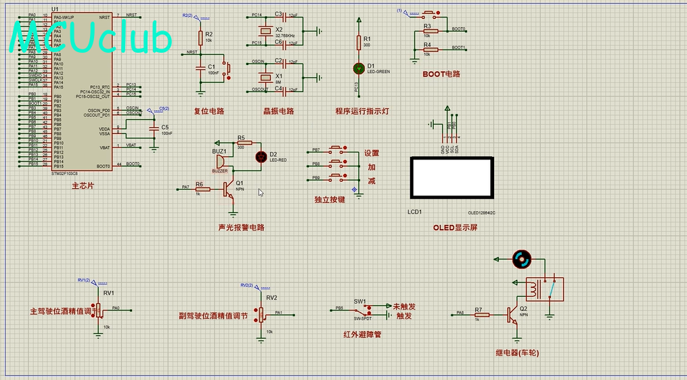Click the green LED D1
[x=359, y=68]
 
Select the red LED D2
[x=261, y=157]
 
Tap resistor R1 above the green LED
[x=359, y=43]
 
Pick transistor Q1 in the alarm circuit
[x=229, y=188]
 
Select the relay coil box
[x=544, y=289]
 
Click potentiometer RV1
[x=99, y=309]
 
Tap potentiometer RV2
[x=261, y=314]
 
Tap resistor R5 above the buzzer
[x=244, y=143]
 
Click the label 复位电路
[x=208, y=111]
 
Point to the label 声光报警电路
[x=241, y=227]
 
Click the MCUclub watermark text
[x=91, y=39]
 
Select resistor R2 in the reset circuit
[x=200, y=38]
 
